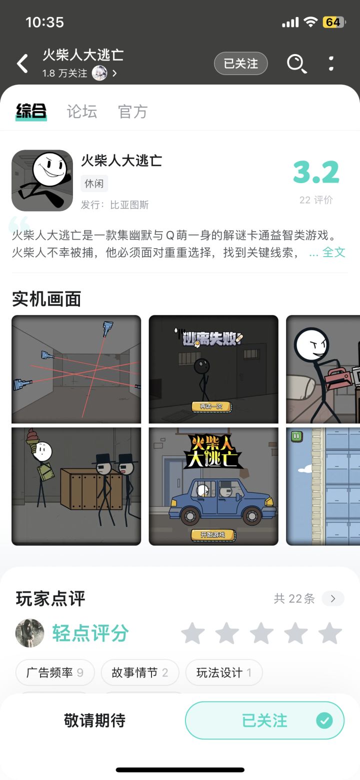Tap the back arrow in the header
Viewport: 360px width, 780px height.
[x=22, y=64]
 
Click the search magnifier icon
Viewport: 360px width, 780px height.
[x=296, y=64]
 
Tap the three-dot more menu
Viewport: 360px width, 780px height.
[x=331, y=64]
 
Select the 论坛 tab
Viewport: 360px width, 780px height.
[x=82, y=112]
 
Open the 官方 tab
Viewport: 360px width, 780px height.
[x=133, y=112]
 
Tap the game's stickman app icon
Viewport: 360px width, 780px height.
[x=42, y=181]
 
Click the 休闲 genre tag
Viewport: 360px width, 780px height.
[x=94, y=184]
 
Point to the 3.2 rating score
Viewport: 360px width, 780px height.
[x=316, y=172]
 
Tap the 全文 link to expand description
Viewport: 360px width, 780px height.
[x=333, y=252]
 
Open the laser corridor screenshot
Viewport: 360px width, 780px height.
[x=76, y=369]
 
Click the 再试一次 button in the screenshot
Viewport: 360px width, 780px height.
[x=211, y=406]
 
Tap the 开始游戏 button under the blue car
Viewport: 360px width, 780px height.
[x=213, y=535]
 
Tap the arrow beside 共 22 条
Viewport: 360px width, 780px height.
[x=333, y=598]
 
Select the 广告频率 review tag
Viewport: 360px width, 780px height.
[x=55, y=672]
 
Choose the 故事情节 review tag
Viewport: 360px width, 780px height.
[x=140, y=672]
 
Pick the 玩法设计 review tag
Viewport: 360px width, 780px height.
[x=223, y=672]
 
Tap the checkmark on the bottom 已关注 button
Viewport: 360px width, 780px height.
[x=324, y=720]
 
